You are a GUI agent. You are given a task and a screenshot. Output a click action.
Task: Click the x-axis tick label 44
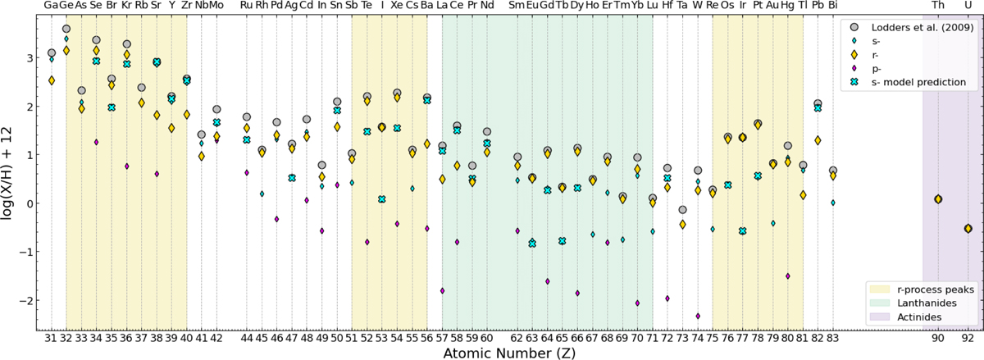coord(247,338)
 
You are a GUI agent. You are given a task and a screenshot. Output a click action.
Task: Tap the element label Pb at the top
coord(818,5)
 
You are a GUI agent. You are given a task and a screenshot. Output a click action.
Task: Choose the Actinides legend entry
coord(919,317)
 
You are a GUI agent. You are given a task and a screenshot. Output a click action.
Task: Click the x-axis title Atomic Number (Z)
coord(509,353)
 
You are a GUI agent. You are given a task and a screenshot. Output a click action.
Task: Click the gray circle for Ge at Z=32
coord(66,29)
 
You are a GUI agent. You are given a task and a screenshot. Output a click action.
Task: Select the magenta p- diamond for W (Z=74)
coord(698,316)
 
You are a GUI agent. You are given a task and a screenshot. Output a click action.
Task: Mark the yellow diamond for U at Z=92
coord(968,229)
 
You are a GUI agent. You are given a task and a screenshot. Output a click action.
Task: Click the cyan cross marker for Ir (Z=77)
coord(743,230)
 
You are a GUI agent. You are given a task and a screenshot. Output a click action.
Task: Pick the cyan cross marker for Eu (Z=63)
coord(532,243)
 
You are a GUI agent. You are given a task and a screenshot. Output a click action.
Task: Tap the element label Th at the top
coord(938,5)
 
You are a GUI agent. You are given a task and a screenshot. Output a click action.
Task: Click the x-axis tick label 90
coord(938,338)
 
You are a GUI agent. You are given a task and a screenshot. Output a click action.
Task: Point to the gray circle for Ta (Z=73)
coord(682,210)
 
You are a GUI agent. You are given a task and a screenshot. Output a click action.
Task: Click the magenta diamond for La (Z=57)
coord(442,290)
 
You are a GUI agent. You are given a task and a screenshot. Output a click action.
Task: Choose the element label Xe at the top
coord(397,5)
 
